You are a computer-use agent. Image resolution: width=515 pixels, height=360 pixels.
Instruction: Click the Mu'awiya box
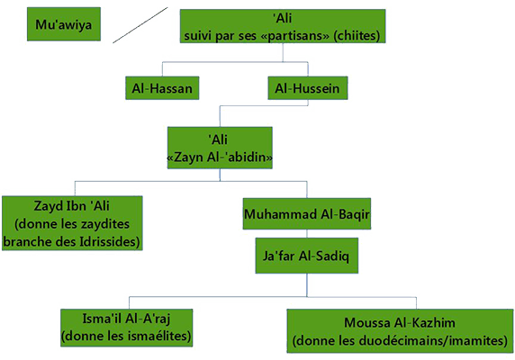64,24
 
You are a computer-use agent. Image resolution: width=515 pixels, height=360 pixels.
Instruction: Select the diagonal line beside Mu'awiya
140,25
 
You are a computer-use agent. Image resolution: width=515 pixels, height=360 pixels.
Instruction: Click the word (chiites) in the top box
357,35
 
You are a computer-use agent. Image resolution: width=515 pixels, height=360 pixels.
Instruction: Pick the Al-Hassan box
162,88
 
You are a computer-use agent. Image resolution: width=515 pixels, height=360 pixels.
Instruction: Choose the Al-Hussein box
308,88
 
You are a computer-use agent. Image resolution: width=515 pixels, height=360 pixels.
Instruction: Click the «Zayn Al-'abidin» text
220,157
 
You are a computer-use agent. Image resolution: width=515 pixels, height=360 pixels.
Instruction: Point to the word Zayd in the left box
50,206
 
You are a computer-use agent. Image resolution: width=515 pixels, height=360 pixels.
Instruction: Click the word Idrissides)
110,242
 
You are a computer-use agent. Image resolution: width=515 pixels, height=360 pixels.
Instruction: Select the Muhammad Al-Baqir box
307,213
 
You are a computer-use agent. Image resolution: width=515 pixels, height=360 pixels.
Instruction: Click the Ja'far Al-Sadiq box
307,256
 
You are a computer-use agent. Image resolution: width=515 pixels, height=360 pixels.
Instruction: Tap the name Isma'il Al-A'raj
126,319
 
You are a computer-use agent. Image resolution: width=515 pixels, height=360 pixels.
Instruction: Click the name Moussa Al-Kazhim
400,322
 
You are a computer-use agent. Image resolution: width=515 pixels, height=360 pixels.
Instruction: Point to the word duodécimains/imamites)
431,340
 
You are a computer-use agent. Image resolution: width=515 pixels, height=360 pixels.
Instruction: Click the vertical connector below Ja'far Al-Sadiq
307,284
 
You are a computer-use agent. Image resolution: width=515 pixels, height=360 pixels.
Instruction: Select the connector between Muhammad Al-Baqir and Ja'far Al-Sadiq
307,234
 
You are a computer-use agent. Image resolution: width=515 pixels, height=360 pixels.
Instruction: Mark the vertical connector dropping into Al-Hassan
162,69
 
